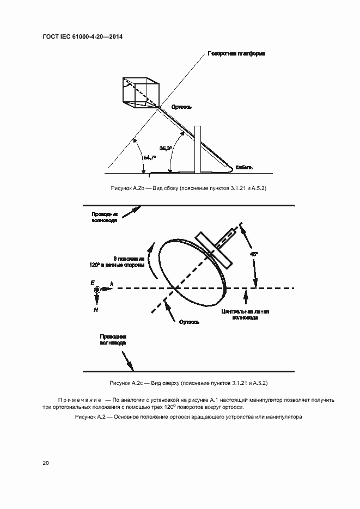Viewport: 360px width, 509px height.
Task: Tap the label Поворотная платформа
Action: coord(236,54)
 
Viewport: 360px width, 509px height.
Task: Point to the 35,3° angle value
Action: coord(166,148)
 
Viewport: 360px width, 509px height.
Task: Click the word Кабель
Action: coord(243,167)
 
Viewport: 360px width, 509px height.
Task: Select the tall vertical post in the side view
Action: coord(198,149)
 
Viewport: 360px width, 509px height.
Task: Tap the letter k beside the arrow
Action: coord(112,284)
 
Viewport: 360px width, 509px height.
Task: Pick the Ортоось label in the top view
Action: coord(188,322)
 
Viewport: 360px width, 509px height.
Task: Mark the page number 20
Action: coord(46,463)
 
